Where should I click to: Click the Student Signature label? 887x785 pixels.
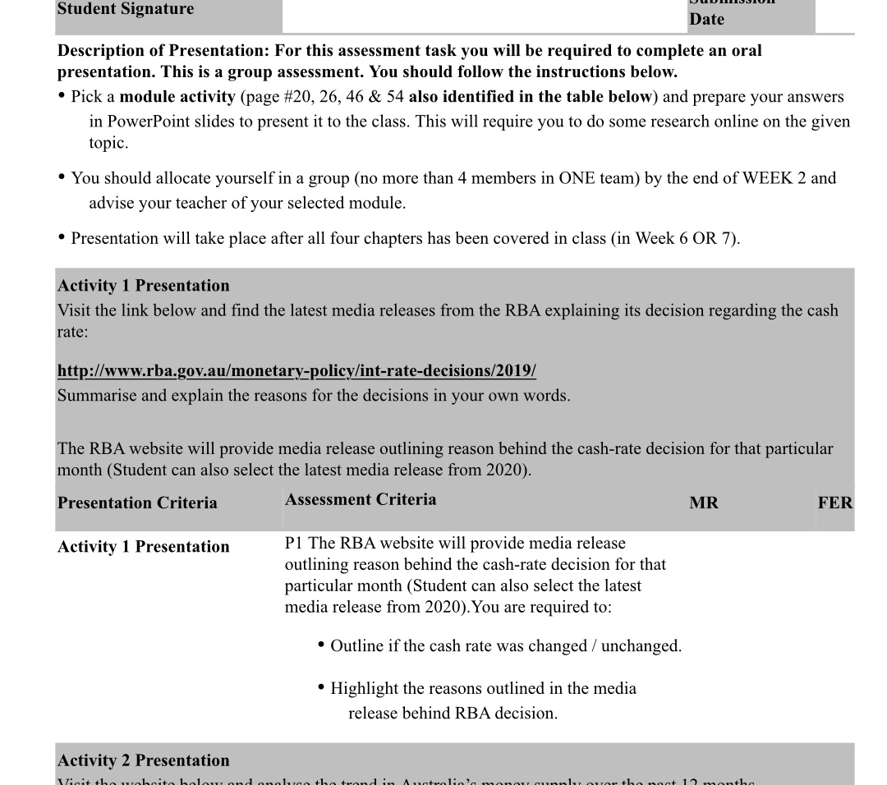click(x=126, y=9)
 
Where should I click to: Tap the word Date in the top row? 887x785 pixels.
click(x=706, y=19)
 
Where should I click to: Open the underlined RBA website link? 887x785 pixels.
click(x=296, y=371)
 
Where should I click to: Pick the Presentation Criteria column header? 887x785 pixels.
click(x=137, y=503)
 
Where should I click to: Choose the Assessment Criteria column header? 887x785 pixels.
click(x=361, y=499)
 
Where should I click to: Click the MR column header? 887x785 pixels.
click(x=704, y=503)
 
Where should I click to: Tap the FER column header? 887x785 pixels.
click(x=834, y=503)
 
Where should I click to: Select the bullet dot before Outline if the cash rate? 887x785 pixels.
click(x=321, y=645)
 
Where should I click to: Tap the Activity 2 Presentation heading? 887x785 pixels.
click(x=144, y=760)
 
